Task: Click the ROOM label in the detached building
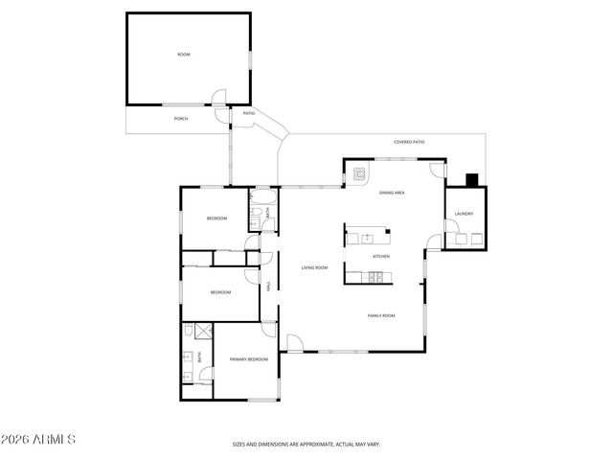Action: pos(184,55)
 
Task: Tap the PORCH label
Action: pos(180,119)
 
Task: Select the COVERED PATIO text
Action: pos(409,142)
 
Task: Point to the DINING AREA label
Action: pos(392,193)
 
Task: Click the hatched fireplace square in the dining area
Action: pos(359,175)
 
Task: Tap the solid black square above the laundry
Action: pos(471,179)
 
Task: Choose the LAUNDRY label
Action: pos(465,214)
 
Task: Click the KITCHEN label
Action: pos(381,257)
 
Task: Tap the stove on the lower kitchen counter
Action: pos(376,278)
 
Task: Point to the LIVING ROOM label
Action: pos(315,267)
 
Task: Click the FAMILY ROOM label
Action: pos(382,315)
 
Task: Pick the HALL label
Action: pos(269,284)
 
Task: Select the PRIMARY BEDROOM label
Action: pos(248,359)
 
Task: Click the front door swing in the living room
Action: pos(294,342)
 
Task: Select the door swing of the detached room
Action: pos(219,97)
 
